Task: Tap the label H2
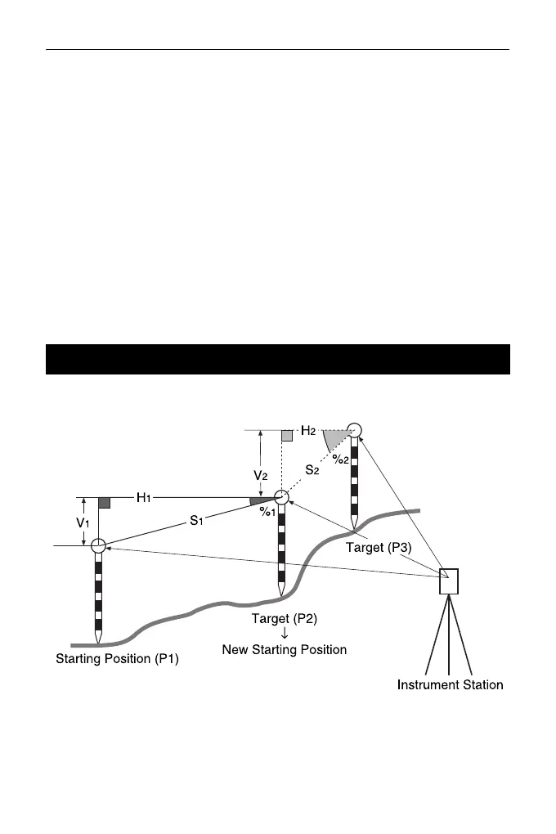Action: (308, 430)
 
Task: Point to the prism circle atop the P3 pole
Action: (354, 429)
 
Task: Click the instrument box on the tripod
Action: (448, 580)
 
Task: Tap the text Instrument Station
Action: (449, 684)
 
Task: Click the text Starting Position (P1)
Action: (116, 658)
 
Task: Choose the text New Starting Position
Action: (284, 650)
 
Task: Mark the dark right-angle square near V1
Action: (104, 503)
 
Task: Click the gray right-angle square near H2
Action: (286, 435)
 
